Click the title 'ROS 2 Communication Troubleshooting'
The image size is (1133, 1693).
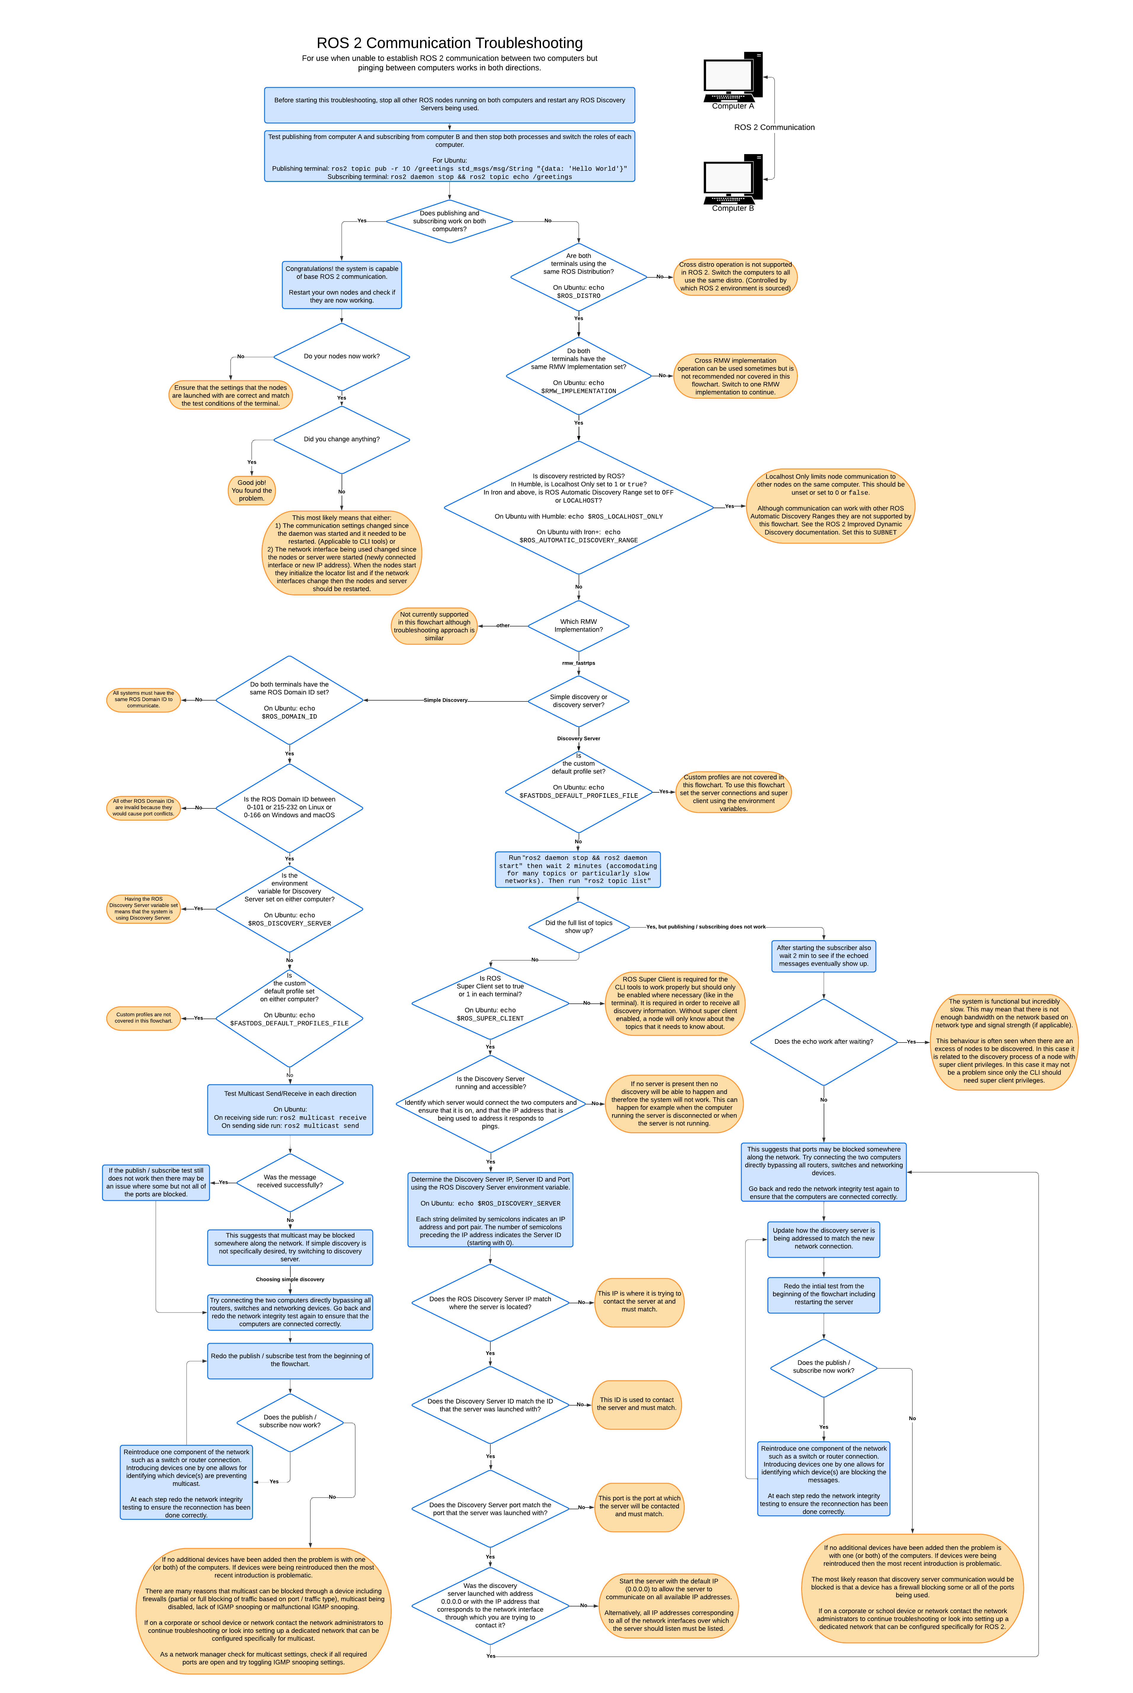pyautogui.click(x=449, y=43)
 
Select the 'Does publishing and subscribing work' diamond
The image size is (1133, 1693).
pyautogui.click(x=449, y=221)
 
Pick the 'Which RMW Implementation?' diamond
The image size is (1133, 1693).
pyautogui.click(x=578, y=626)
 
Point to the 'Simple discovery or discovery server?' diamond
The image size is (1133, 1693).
pyautogui.click(x=578, y=701)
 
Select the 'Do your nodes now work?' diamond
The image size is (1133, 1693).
pyautogui.click(x=342, y=356)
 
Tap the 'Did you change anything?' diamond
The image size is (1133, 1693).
pyautogui.click(x=342, y=439)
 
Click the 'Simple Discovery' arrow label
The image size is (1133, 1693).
pyautogui.click(x=445, y=700)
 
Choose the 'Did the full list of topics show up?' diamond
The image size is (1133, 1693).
pyautogui.click(x=578, y=927)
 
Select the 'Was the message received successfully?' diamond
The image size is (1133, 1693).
pyautogui.click(x=290, y=1182)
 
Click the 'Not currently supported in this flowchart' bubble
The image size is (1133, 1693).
pyautogui.click(x=434, y=626)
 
